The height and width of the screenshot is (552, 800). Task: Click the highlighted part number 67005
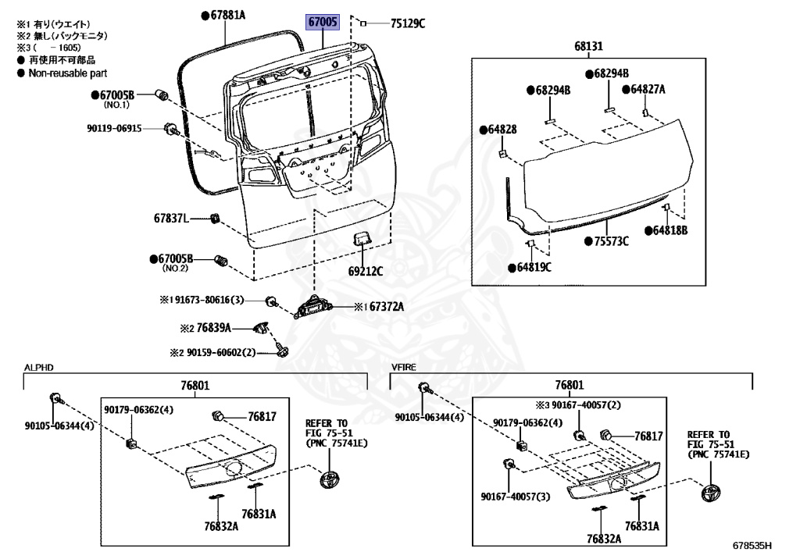click(x=323, y=23)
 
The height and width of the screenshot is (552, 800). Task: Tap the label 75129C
click(x=407, y=23)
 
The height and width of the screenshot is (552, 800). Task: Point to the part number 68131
click(x=588, y=46)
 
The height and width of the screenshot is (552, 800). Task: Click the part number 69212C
click(x=366, y=272)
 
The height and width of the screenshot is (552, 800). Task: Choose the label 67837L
click(x=171, y=219)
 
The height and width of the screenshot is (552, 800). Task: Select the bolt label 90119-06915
click(x=114, y=128)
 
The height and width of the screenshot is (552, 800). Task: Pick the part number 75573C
click(x=611, y=241)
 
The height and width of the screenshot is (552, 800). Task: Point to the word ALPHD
click(x=38, y=366)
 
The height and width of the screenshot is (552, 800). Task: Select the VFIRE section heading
click(x=405, y=366)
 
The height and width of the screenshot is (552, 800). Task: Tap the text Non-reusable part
click(x=67, y=73)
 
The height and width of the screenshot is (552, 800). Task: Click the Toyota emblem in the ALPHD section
click(x=332, y=479)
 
